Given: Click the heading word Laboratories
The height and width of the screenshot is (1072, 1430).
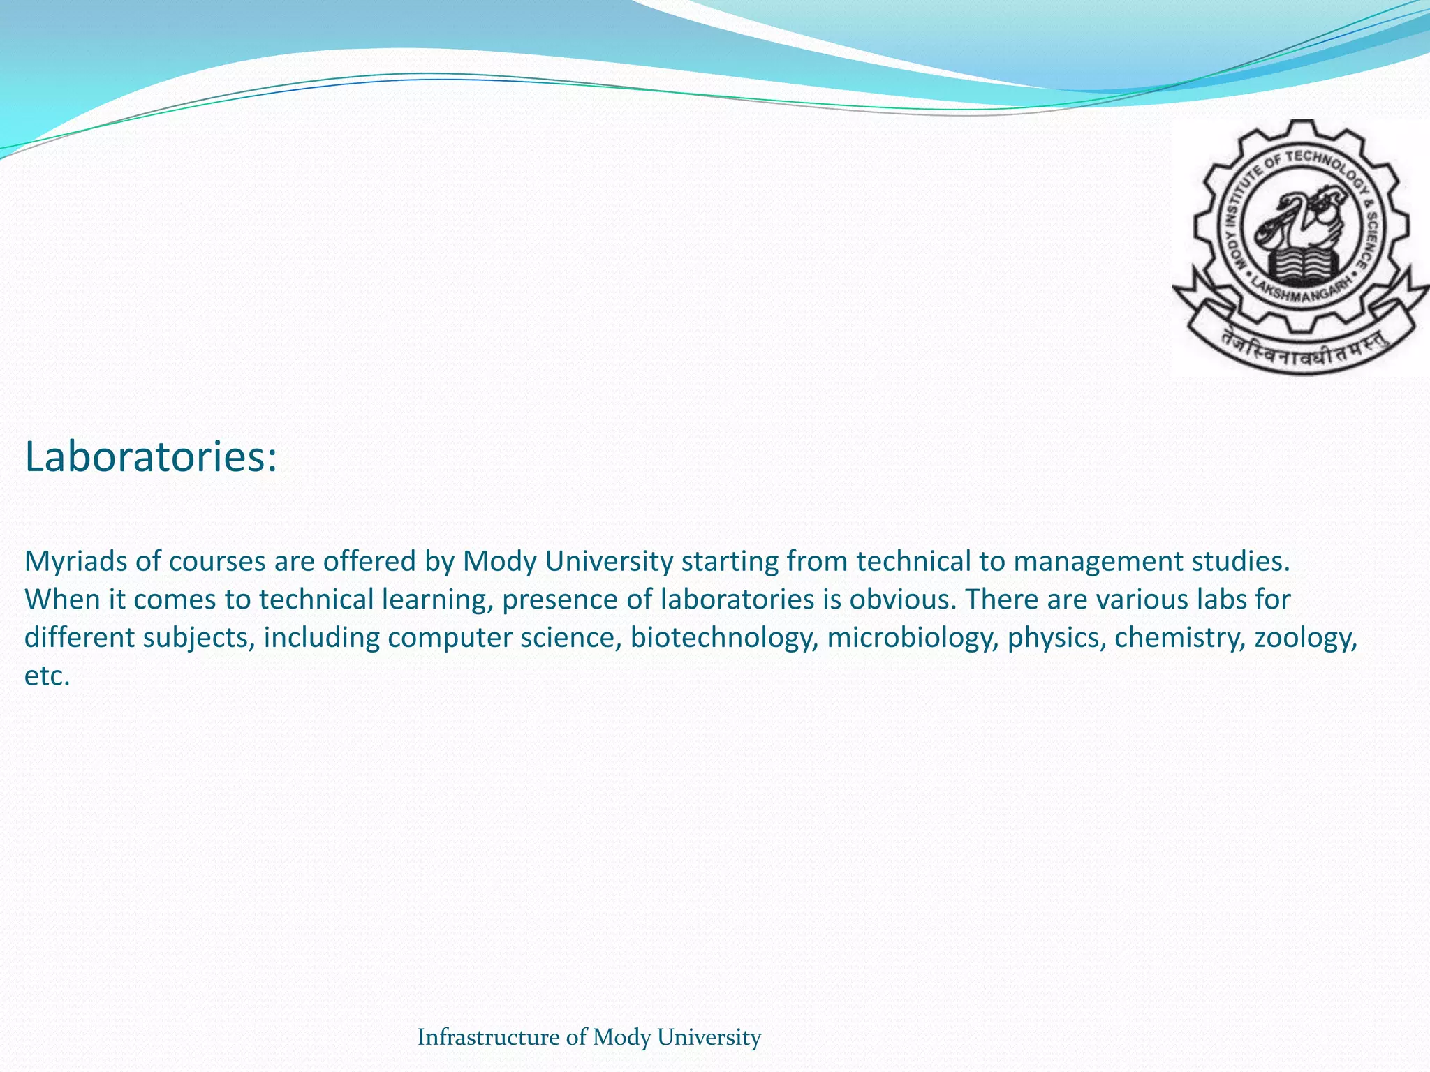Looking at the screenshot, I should click(150, 457).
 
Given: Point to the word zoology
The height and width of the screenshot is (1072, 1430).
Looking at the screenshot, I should click(1305, 638).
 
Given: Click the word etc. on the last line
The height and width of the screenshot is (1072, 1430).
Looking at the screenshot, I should click(47, 676).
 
